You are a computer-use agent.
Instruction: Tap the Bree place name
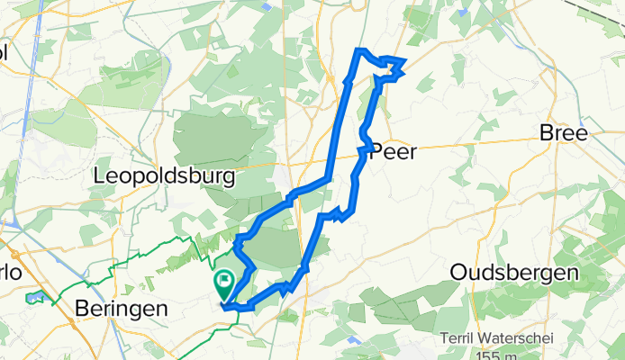coord(563,133)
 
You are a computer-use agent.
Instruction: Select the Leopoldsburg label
coord(164,177)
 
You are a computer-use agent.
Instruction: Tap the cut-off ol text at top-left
coord(4,51)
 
